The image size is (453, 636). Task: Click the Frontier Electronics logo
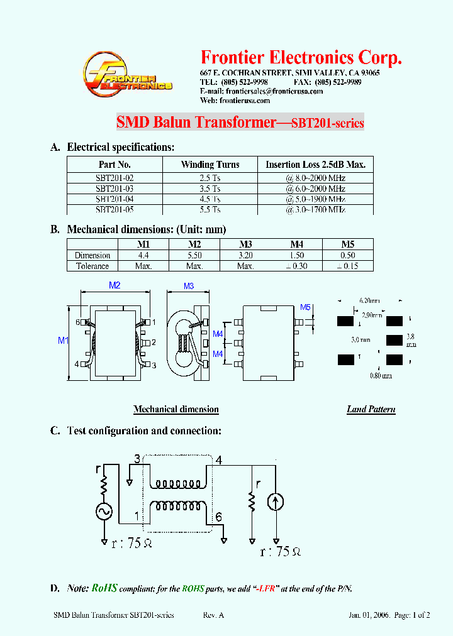pyautogui.click(x=128, y=77)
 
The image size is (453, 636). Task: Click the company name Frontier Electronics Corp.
pyautogui.click(x=301, y=58)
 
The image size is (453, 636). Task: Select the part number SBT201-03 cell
pyautogui.click(x=115, y=189)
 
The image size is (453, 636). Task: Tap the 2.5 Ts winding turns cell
pyautogui.click(x=210, y=178)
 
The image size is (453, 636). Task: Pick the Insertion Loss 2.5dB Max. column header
pyautogui.click(x=315, y=165)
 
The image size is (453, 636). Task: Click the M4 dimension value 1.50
pyautogui.click(x=296, y=255)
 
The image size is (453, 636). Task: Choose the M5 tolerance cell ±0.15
pyautogui.click(x=347, y=266)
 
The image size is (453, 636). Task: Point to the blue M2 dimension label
pyautogui.click(x=115, y=285)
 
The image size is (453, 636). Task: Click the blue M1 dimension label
pyautogui.click(x=62, y=341)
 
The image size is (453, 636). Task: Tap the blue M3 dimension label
pyautogui.click(x=189, y=287)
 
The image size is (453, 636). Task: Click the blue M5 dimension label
pyautogui.click(x=305, y=307)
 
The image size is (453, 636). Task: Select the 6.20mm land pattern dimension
pyautogui.click(x=368, y=301)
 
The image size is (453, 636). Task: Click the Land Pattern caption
pyautogui.click(x=371, y=409)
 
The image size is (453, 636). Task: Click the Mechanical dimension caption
pyautogui.click(x=176, y=409)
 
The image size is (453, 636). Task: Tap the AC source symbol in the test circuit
pyautogui.click(x=104, y=512)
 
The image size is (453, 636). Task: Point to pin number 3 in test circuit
pyautogui.click(x=137, y=459)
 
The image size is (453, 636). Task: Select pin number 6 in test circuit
pyautogui.click(x=218, y=517)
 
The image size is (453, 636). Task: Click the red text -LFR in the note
pyautogui.click(x=265, y=589)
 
